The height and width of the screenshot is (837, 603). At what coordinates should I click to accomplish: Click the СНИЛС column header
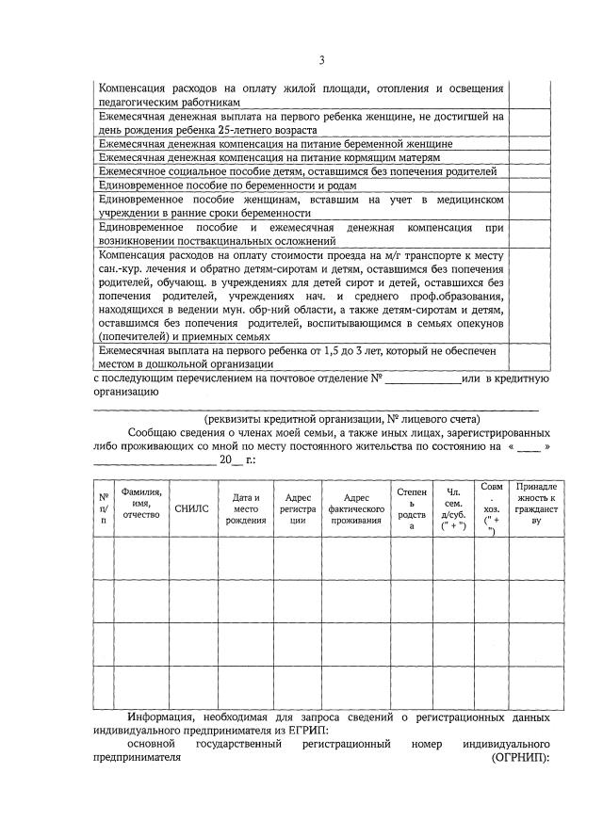[x=193, y=507]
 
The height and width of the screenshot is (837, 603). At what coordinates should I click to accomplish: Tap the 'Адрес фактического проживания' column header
[x=356, y=507]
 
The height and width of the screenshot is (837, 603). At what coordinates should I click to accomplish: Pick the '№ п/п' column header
[x=104, y=508]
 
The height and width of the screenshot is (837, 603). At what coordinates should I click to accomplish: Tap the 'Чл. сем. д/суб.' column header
[x=454, y=508]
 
